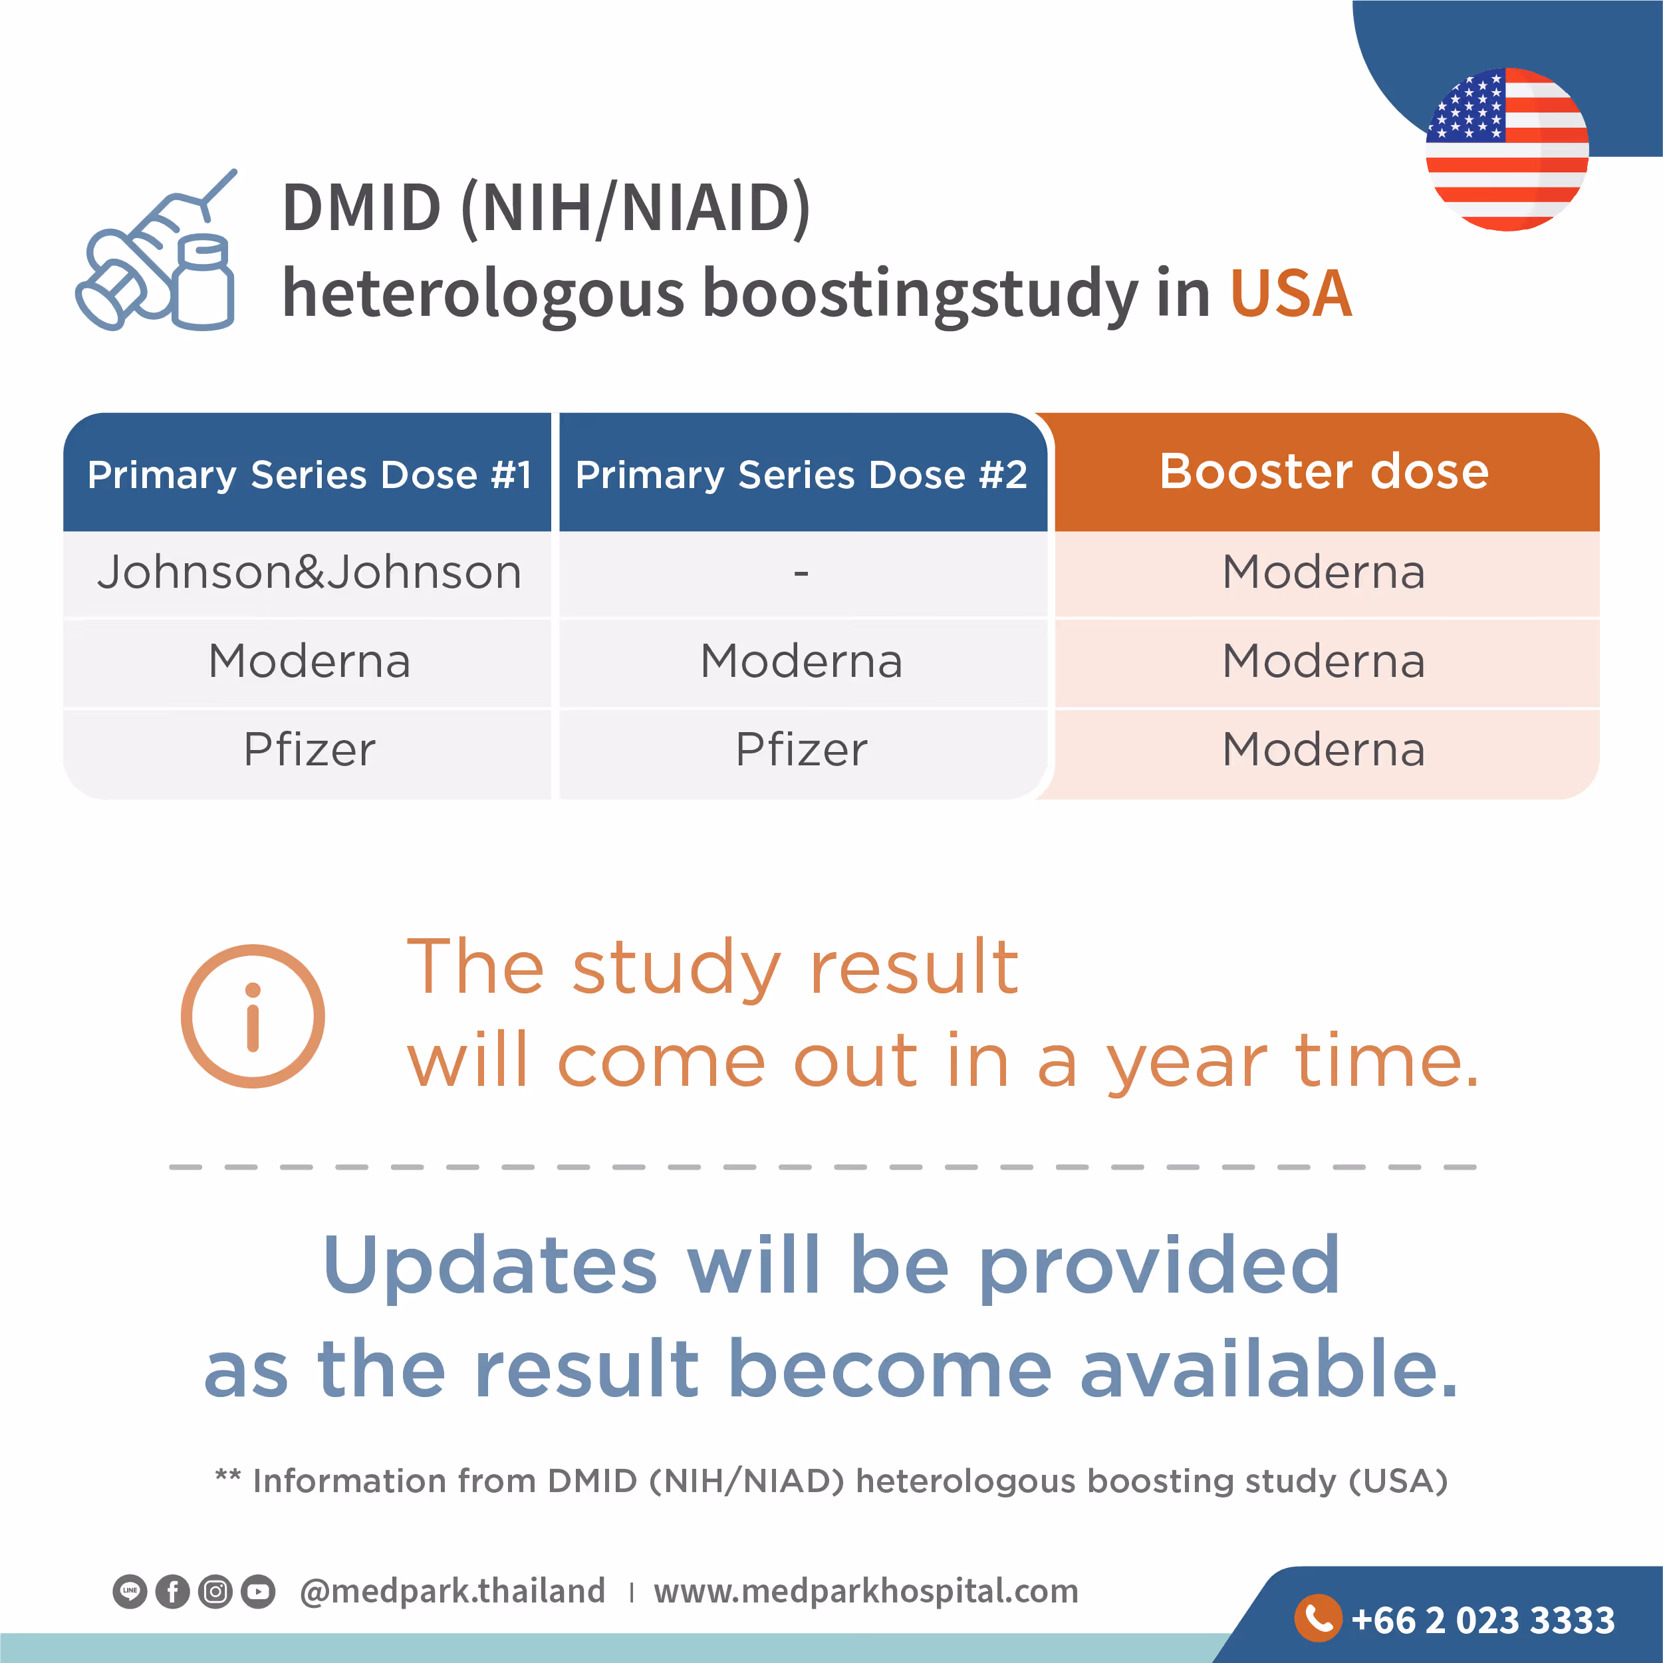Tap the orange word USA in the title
[x=1290, y=293]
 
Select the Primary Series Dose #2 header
[x=801, y=474]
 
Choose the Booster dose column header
[x=1324, y=471]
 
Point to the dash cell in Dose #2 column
[x=801, y=573]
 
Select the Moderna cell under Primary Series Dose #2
[x=801, y=661]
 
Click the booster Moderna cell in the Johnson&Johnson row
[x=1324, y=573]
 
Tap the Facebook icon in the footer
[x=172, y=1592]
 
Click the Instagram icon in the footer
[x=215, y=1592]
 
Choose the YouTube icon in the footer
[x=258, y=1592]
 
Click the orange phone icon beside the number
[x=1318, y=1618]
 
